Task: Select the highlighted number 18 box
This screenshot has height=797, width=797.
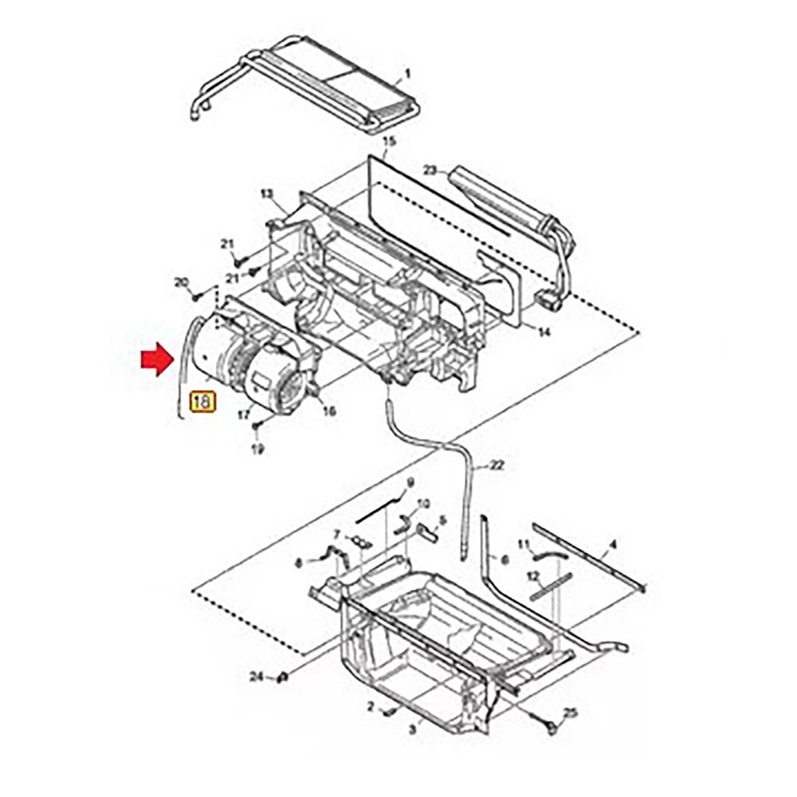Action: pos(202,401)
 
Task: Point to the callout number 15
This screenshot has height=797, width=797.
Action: pos(389,142)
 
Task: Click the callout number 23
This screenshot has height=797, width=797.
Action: pos(430,170)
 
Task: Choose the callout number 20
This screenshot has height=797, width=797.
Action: pos(181,282)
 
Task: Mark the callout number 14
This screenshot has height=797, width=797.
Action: pos(544,332)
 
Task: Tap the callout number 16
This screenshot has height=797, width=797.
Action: pos(328,411)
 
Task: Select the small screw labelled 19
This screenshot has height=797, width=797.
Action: pos(256,428)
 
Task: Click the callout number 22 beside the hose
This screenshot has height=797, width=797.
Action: pos(497,465)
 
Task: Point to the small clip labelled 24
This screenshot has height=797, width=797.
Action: pos(281,677)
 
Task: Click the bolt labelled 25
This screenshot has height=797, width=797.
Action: pos(552,727)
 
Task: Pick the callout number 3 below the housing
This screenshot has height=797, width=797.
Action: pos(412,728)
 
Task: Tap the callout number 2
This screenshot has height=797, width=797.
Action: pos(371,706)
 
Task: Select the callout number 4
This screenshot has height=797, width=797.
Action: pos(612,546)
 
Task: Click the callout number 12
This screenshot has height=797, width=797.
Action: pos(532,575)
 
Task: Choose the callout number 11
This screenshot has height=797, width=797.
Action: pos(524,544)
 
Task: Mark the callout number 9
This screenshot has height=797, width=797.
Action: pos(410,483)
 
